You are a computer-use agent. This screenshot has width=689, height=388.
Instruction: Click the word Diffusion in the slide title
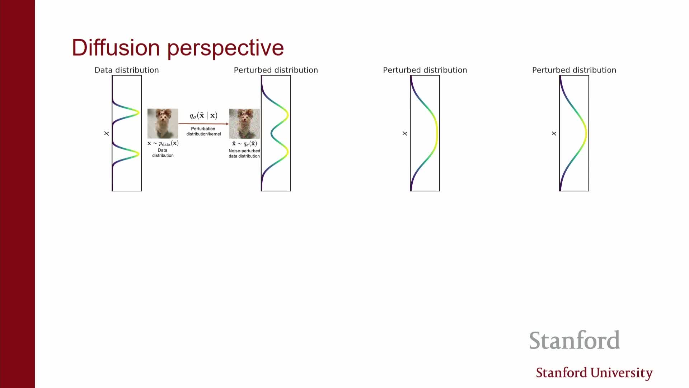pyautogui.click(x=116, y=47)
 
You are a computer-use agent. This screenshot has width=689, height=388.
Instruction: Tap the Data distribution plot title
pyautogui.click(x=127, y=70)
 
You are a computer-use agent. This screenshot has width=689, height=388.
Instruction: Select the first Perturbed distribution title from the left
pyautogui.click(x=276, y=70)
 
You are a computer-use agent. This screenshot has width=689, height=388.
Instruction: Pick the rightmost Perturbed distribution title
pyautogui.click(x=574, y=70)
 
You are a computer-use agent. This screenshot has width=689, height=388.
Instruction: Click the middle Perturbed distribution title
pyautogui.click(x=425, y=70)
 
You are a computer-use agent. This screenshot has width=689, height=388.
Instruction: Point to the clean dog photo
pyautogui.click(x=163, y=123)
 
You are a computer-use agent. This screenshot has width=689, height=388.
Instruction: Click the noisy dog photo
pyautogui.click(x=244, y=123)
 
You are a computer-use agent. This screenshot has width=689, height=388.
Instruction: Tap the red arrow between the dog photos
pyautogui.click(x=203, y=124)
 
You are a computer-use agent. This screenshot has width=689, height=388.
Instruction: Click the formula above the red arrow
pyautogui.click(x=203, y=115)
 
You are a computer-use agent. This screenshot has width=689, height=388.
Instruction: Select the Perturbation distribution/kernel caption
pyautogui.click(x=203, y=131)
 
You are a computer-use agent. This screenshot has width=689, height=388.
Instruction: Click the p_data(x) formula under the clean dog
pyautogui.click(x=163, y=143)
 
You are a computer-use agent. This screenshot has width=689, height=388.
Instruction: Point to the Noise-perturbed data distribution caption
pyautogui.click(x=244, y=153)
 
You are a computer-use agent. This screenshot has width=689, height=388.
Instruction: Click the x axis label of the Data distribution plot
pyautogui.click(x=107, y=133)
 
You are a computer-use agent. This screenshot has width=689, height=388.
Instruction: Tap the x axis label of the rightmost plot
pyautogui.click(x=554, y=133)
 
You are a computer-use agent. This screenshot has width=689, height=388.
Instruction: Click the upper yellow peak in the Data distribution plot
pyautogui.click(x=138, y=112)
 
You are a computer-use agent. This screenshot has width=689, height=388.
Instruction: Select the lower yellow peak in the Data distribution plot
pyautogui.click(x=138, y=154)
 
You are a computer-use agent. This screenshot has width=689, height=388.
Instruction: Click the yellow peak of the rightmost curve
pyautogui.click(x=585, y=133)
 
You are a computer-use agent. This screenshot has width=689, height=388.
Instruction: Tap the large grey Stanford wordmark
pyautogui.click(x=575, y=340)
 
